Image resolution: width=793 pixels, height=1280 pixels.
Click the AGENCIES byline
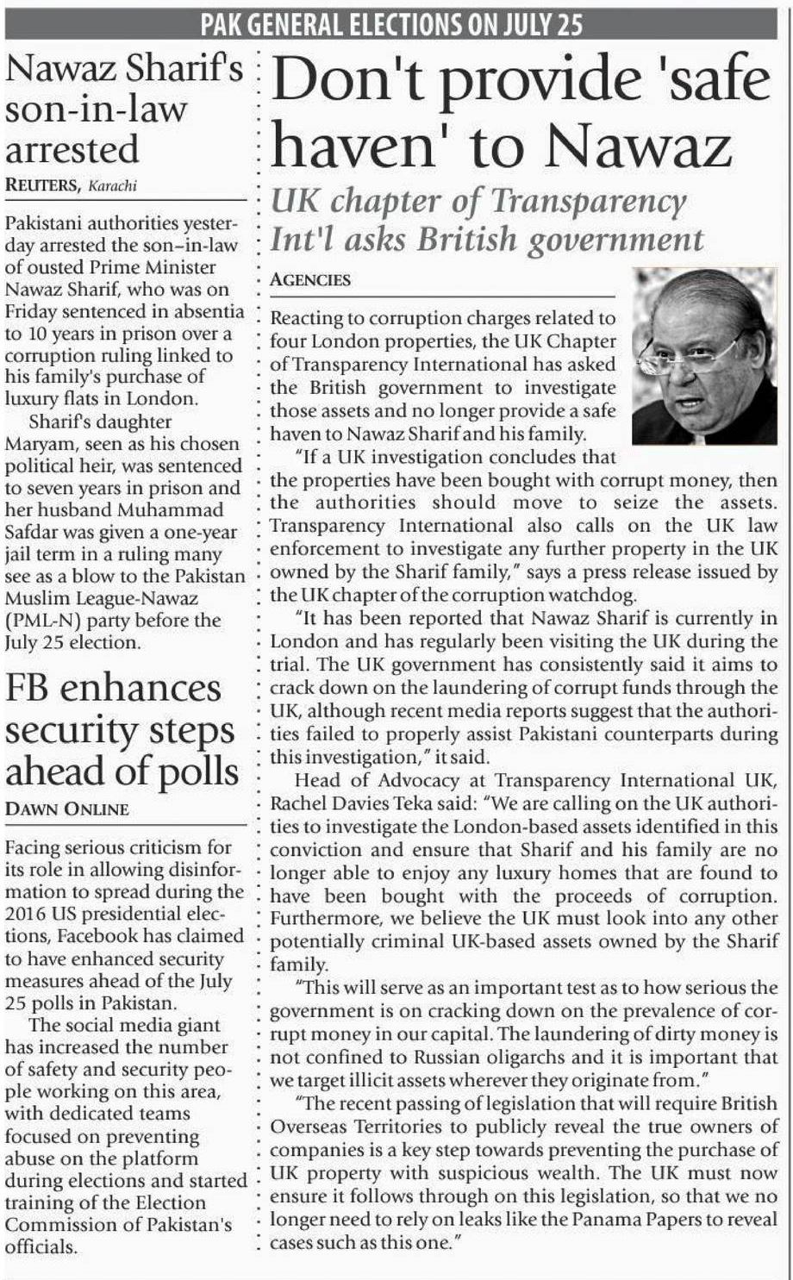tap(310, 279)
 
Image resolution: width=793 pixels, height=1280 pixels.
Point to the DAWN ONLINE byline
tap(67, 809)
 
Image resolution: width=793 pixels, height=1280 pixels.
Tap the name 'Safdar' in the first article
tap(31, 533)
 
